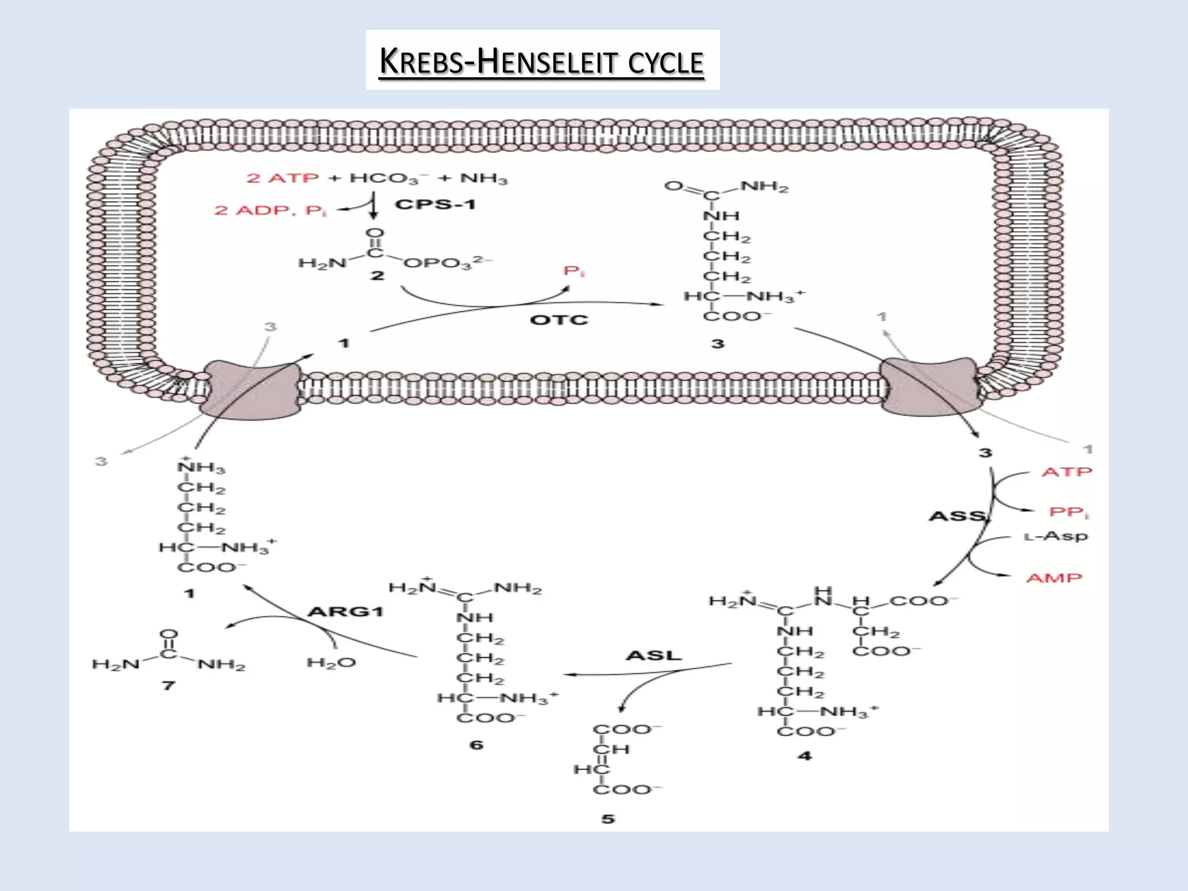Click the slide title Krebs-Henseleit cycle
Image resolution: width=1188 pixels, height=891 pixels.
tap(541, 61)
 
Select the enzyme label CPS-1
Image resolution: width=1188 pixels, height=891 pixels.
tap(435, 204)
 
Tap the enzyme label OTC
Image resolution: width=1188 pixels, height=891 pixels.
tap(559, 320)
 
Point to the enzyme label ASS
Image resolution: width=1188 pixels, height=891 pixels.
tap(958, 516)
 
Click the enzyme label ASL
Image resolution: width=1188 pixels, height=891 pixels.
tap(653, 655)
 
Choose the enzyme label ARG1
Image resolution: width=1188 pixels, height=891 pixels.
tap(346, 611)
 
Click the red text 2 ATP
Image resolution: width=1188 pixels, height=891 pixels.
tap(282, 178)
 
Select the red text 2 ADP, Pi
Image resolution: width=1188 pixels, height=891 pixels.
tap(270, 210)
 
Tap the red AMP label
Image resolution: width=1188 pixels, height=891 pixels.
tap(1054, 578)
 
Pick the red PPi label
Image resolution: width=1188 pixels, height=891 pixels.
tap(1069, 512)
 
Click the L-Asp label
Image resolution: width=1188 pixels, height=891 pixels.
tap(1056, 536)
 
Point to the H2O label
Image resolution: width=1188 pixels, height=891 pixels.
tap(331, 663)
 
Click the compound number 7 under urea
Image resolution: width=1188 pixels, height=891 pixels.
tap(168, 686)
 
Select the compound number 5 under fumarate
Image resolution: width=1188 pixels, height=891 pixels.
tap(607, 819)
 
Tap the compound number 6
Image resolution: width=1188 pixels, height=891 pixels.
tap(476, 745)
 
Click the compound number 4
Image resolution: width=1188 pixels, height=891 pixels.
tap(805, 756)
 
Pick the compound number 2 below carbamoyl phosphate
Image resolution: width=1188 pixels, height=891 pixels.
tap(378, 276)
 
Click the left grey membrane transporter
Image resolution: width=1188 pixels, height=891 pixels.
tap(251, 388)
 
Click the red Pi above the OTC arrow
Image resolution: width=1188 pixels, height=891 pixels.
tap(574, 271)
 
